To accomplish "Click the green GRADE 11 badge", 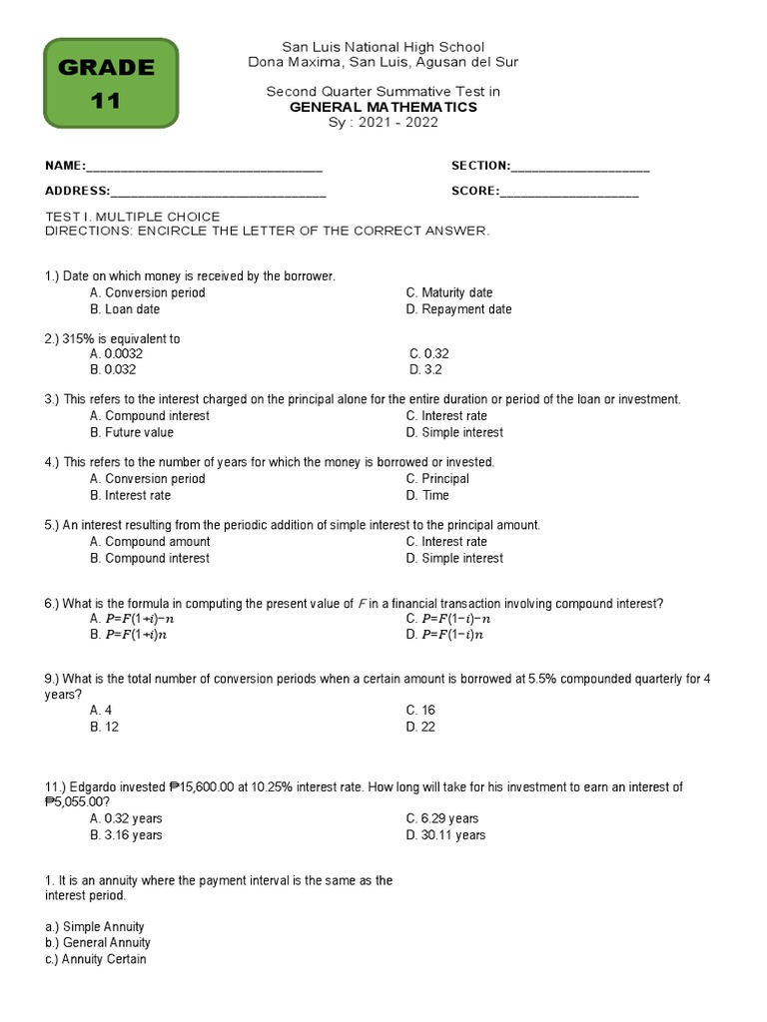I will [111, 84].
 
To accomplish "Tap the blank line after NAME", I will [204, 167].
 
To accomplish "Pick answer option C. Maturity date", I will [449, 292].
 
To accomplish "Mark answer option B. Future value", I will [132, 432].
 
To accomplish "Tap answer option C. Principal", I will [437, 478].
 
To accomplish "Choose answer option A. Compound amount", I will [150, 541].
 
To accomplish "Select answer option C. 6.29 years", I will [442, 818].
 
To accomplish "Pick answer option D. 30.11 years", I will [445, 834].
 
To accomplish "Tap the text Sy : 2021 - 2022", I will [383, 123].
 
